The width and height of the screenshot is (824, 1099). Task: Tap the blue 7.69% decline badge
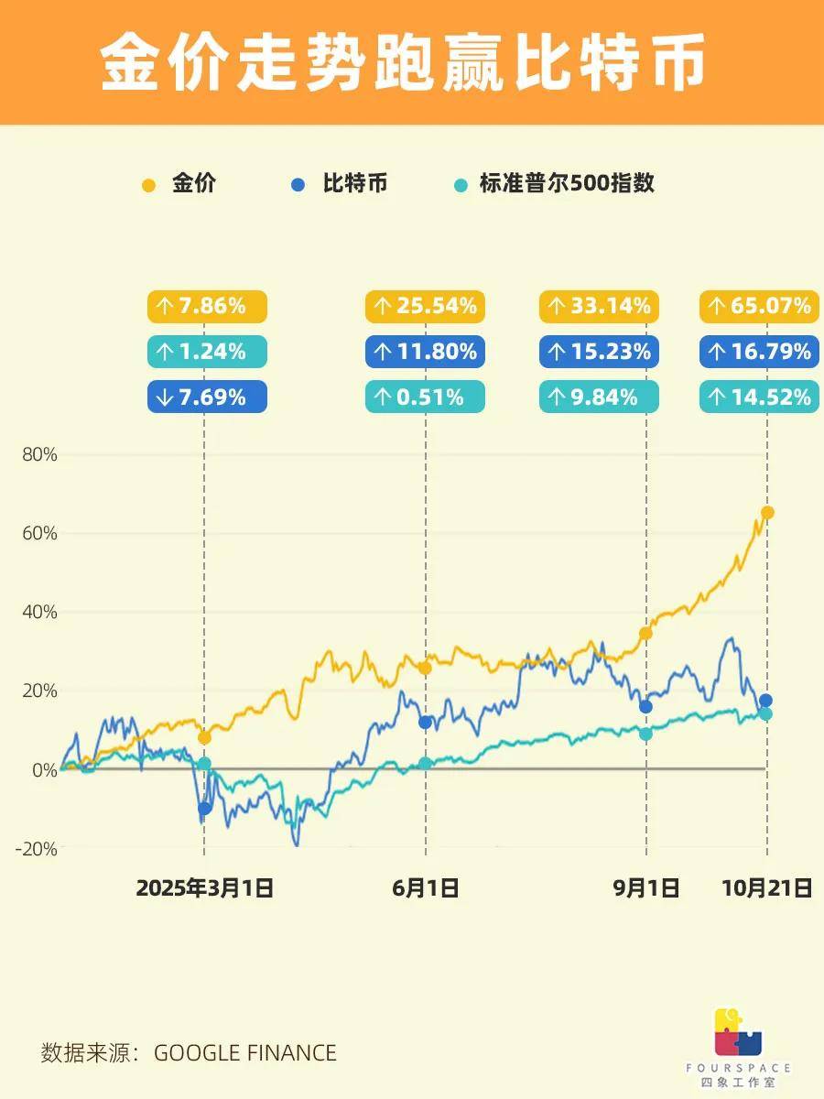[x=207, y=397]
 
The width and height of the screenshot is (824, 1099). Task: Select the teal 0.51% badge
[x=425, y=397]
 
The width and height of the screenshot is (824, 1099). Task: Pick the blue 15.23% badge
[x=599, y=352]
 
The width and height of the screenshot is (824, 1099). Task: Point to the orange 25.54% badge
[x=425, y=306]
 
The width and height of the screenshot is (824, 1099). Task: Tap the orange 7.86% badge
[x=207, y=306]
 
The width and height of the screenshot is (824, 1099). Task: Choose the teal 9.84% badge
[x=599, y=397]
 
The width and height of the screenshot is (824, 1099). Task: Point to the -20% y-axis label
[x=36, y=849]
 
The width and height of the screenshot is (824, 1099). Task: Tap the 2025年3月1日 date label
[x=204, y=887]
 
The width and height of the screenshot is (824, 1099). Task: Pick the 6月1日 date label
[x=425, y=887]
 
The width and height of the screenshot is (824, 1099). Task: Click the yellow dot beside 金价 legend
[x=149, y=184]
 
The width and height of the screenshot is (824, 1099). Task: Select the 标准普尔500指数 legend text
[x=567, y=183]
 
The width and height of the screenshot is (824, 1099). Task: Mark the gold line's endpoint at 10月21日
[x=767, y=512]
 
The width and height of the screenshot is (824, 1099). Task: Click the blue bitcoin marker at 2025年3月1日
[x=204, y=808]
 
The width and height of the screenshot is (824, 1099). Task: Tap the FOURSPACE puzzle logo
[x=738, y=1032]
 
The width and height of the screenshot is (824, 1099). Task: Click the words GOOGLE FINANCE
[x=244, y=1053]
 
